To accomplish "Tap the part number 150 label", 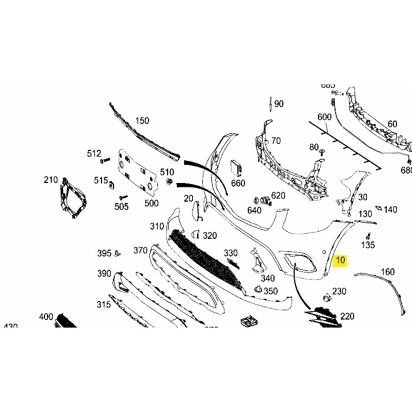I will click(142, 121).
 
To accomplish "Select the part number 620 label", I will click(278, 195).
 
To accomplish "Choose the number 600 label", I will click(324, 117).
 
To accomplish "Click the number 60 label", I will click(392, 124).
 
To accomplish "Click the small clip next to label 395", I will click(117, 252).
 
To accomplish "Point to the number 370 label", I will click(141, 250).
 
